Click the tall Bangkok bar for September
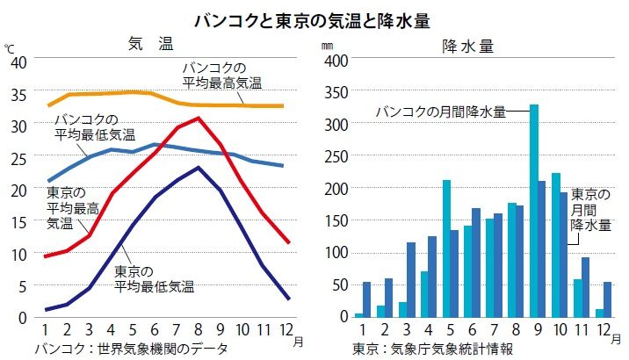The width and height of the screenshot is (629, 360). (533, 211)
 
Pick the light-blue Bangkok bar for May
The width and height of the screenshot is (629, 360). (446, 248)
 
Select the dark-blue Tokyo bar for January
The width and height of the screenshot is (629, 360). (366, 299)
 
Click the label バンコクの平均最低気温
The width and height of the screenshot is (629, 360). (94, 126)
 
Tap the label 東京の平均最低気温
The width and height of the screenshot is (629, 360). (155, 278)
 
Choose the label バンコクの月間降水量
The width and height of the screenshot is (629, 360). (441, 112)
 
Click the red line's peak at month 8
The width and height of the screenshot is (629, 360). (199, 118)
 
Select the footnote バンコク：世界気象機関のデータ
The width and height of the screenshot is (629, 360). (132, 349)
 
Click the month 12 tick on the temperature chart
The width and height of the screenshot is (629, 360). (286, 329)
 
